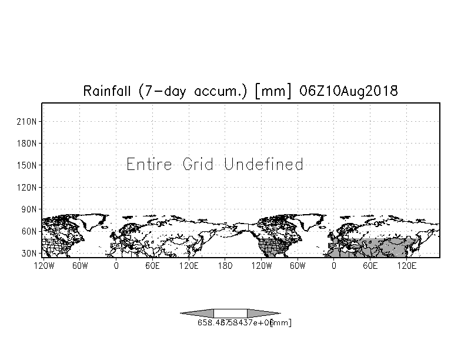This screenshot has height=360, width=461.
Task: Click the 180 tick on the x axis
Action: coord(225,266)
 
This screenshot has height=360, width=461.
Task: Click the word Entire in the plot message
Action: coord(150,164)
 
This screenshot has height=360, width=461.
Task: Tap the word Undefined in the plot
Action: coord(264,164)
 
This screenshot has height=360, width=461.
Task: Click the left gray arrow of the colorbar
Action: coord(197,313)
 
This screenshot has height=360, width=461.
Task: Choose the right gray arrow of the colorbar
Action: coord(263,313)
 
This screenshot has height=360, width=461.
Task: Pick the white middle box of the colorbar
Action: coord(230,313)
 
